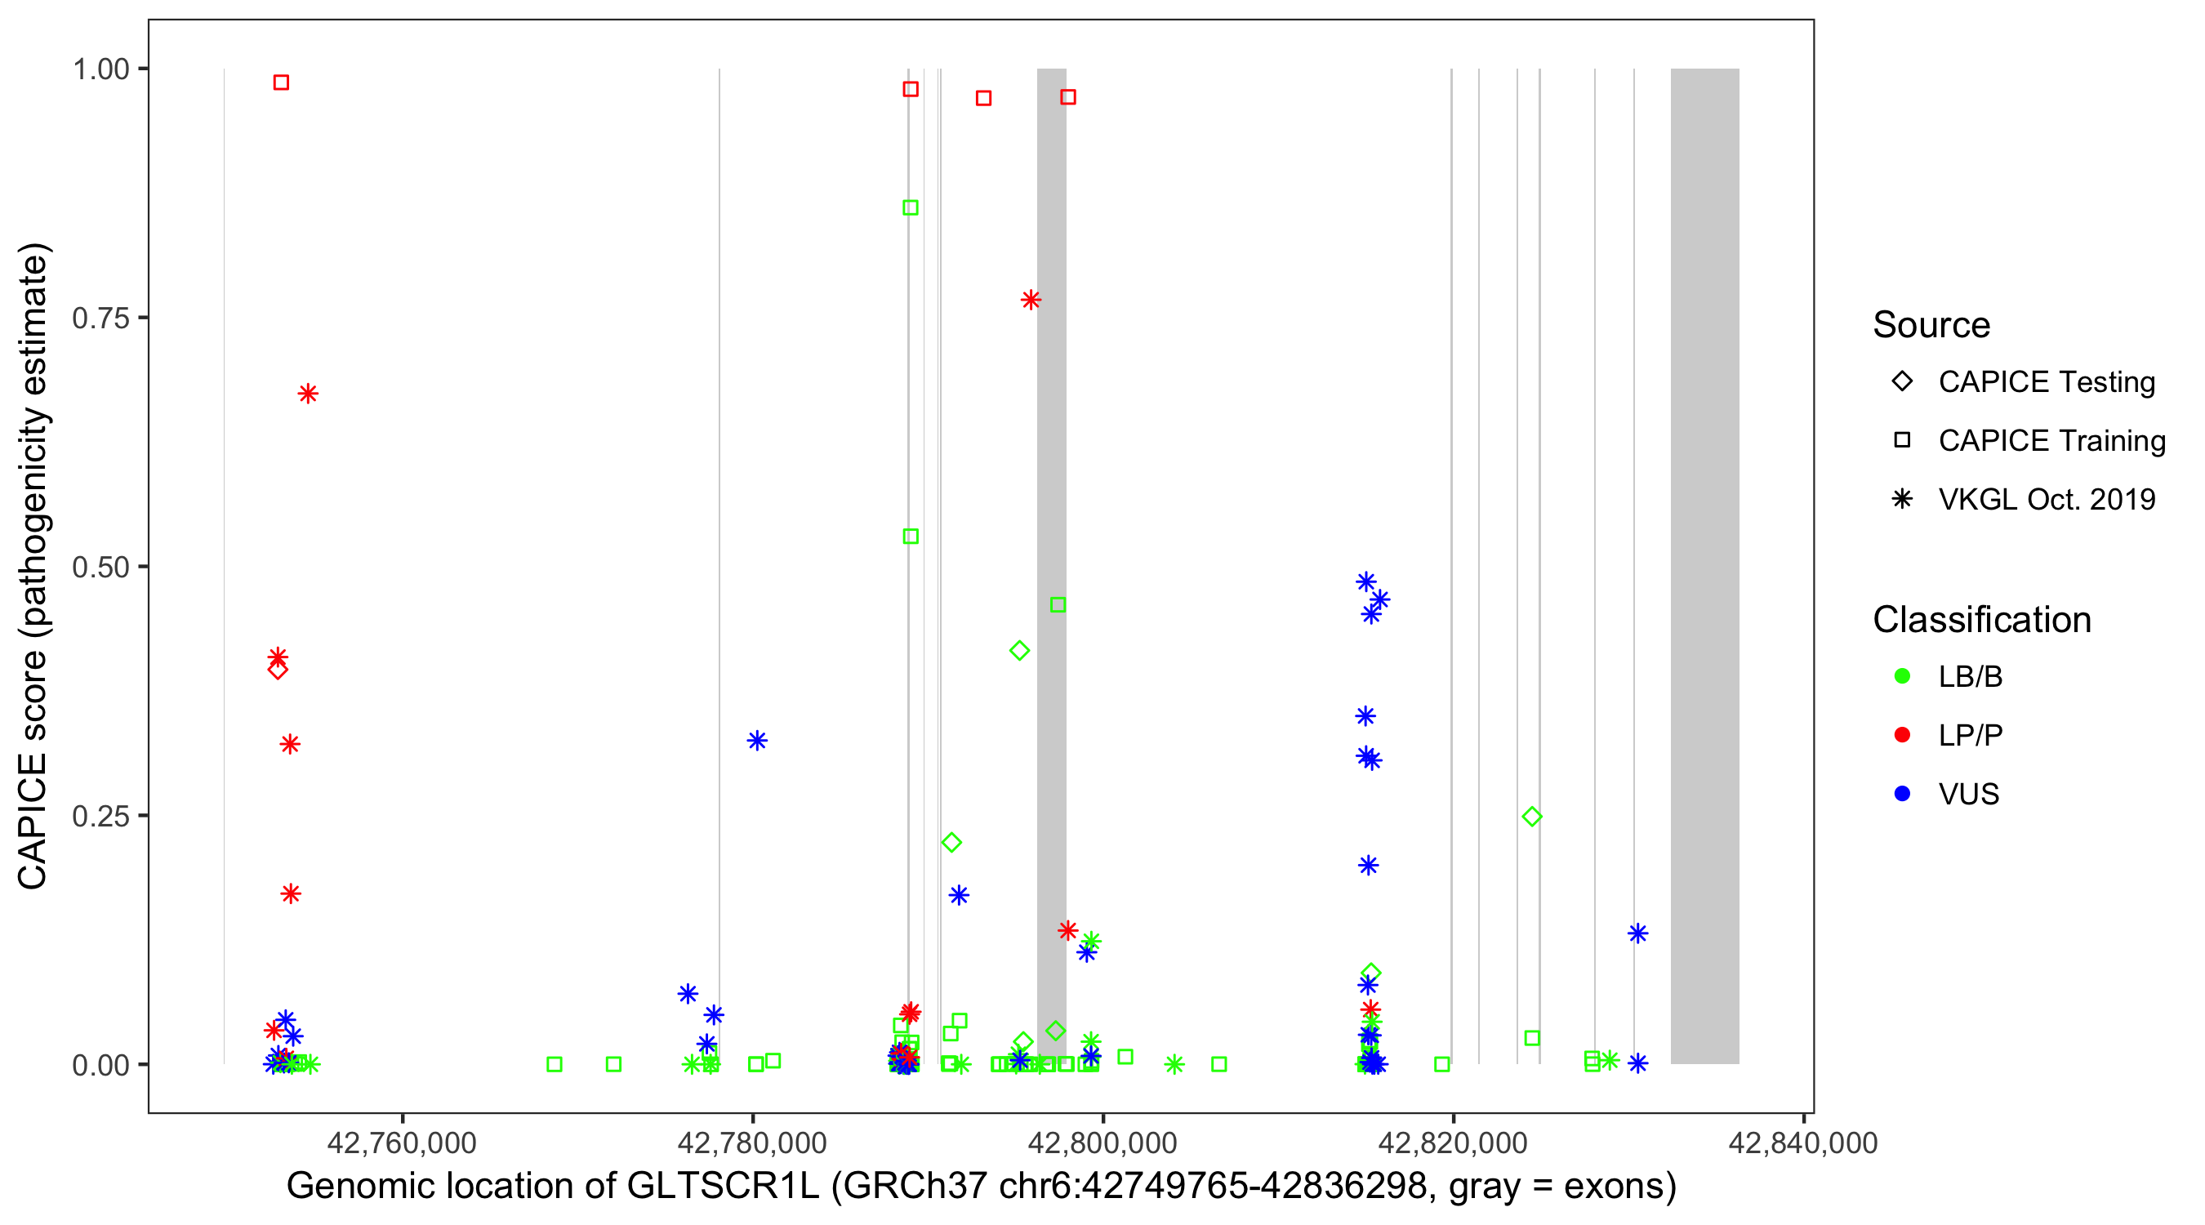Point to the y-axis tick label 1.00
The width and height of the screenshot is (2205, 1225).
pyautogui.click(x=100, y=69)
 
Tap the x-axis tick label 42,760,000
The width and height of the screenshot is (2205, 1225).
pyautogui.click(x=402, y=1142)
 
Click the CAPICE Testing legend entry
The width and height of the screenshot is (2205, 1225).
pyautogui.click(x=2046, y=382)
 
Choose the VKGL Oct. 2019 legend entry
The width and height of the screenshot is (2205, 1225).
pyautogui.click(x=2046, y=499)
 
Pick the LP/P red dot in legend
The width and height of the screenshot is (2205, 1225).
pyautogui.click(x=1902, y=735)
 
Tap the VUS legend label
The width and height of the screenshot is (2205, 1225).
pyautogui.click(x=1968, y=795)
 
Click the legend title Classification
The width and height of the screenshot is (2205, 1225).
pyautogui.click(x=1980, y=620)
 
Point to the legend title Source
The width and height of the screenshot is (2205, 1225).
pyautogui.click(x=1931, y=325)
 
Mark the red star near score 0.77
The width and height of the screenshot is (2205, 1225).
pyautogui.click(x=1031, y=300)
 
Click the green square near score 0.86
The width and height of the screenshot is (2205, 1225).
pyautogui.click(x=911, y=208)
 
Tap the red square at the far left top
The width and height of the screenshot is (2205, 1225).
pyautogui.click(x=281, y=83)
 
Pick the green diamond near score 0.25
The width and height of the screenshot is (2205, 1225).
pyautogui.click(x=1532, y=817)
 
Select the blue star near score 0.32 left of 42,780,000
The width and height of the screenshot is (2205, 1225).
pyautogui.click(x=757, y=741)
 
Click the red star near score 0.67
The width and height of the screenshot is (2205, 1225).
pyautogui.click(x=308, y=394)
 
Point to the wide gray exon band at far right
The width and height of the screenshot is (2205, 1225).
pyautogui.click(x=1704, y=565)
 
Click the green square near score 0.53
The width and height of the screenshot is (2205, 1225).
pyautogui.click(x=911, y=537)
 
